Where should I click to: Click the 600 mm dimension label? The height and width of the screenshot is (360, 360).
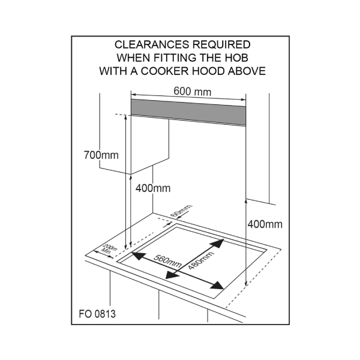coord(192,91)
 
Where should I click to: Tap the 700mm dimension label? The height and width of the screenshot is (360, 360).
coord(101,155)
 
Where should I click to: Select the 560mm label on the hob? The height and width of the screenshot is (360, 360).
coord(167,261)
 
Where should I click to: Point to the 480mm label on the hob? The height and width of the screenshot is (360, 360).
coord(201,260)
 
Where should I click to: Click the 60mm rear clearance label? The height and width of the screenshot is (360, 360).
coord(181,211)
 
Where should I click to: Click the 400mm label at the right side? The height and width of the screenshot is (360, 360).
coord(265,224)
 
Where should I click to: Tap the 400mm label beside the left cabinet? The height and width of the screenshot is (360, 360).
coord(153,188)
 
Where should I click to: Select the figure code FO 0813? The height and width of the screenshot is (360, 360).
coord(97,314)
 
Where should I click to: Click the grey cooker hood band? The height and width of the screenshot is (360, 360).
coord(188,112)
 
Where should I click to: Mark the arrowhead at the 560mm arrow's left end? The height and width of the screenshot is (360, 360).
coord(138,256)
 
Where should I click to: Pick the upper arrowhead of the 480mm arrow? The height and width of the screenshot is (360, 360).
coord(217,244)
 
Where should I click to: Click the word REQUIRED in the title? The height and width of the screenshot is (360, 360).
coord(221,44)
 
